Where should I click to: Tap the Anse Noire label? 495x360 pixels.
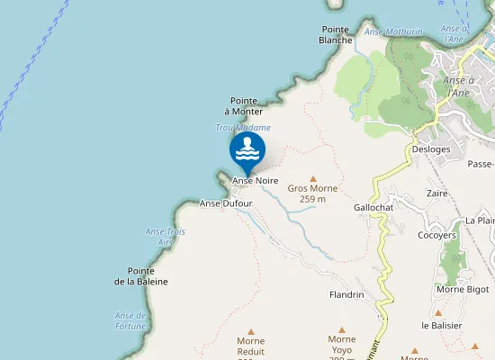[x=256, y=181]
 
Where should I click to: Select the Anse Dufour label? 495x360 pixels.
[x=226, y=203]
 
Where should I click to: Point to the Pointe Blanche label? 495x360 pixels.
[x=336, y=34]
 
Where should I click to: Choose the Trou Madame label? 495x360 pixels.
[x=243, y=128]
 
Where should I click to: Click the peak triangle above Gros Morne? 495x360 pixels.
[x=313, y=178]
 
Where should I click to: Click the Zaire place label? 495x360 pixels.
[x=438, y=193]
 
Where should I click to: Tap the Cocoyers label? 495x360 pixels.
[x=437, y=235]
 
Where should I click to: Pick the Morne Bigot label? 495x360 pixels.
[x=463, y=289]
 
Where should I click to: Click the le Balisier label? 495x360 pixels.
[x=441, y=324]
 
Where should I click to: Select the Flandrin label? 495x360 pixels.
[x=346, y=294]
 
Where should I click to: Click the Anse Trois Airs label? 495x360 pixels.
[x=159, y=237]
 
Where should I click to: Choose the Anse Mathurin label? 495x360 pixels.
[x=393, y=32]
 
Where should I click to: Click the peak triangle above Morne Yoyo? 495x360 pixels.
[x=341, y=329]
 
